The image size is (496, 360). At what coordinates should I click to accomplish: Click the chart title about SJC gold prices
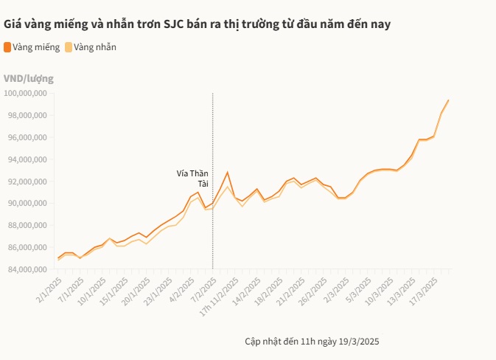197,24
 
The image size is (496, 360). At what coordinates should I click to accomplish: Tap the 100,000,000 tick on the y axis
26,94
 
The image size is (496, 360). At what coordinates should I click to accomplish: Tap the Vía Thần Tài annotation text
193,179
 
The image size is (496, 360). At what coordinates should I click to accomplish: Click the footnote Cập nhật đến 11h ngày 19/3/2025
312,342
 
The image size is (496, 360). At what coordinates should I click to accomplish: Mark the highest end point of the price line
448,100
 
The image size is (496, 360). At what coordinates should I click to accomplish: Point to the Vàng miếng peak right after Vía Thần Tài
228,172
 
